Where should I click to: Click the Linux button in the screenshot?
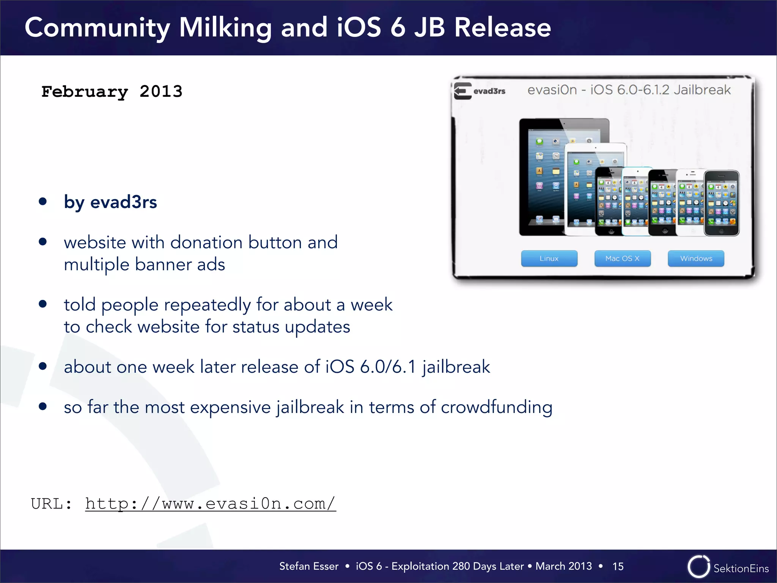pos(549,258)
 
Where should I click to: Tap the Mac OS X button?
pos(622,258)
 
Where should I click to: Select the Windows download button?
pos(696,258)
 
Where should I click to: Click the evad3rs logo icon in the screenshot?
pos(463,91)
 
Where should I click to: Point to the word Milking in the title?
pos(225,28)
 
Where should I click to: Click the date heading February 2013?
pos(112,91)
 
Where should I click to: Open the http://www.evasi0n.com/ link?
pos(211,504)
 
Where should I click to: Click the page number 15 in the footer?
pos(618,566)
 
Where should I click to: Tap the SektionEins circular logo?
pos(698,567)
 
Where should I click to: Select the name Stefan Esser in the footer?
pos(308,566)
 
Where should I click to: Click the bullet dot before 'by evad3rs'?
pos(43,202)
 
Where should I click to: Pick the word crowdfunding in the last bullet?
pos(496,407)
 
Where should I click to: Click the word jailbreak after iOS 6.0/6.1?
pos(456,367)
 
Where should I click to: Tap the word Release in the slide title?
pos(502,28)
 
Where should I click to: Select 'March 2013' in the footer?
pos(563,566)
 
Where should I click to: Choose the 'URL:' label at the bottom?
pos(51,504)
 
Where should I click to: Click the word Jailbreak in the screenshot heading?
pos(702,90)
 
